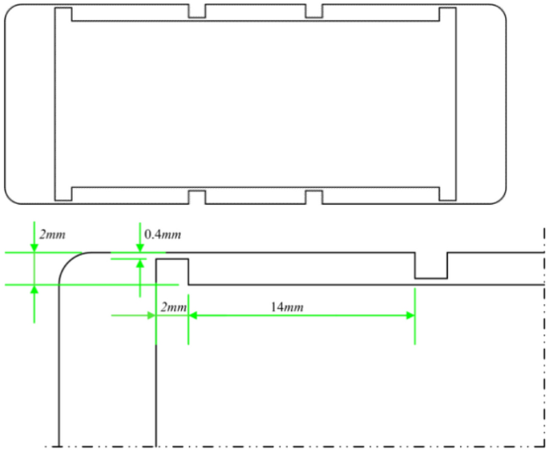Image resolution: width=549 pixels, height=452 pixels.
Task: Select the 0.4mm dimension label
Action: pos(163,234)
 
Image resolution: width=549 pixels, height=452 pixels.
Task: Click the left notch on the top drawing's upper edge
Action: pos(197,12)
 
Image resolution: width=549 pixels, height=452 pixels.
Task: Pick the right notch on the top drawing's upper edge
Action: pos(313,12)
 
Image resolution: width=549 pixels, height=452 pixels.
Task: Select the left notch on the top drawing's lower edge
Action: pos(197,196)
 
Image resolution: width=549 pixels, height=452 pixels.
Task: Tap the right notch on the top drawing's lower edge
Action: pos(313,196)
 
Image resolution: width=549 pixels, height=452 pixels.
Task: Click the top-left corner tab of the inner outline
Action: pos(63,14)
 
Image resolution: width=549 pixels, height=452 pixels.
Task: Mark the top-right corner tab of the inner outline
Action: pos(447,14)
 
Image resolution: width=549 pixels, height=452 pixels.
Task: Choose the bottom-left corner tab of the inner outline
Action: pos(63,194)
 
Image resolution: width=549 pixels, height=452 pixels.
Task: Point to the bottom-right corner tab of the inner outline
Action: pos(447,194)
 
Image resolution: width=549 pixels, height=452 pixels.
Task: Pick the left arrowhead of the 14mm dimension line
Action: pos(193,315)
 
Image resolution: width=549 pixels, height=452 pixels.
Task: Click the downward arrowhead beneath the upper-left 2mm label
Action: pos(34,248)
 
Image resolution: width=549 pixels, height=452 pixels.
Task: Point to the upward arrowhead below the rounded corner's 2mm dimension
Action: pos(34,289)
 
